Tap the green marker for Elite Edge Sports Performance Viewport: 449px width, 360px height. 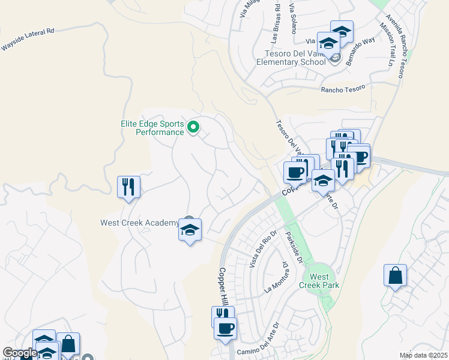click(193, 127)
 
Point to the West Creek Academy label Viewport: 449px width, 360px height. click(139, 223)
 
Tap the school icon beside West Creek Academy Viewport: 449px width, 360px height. click(190, 230)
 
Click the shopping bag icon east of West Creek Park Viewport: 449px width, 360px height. click(395, 276)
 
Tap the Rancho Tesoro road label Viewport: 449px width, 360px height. click(343, 89)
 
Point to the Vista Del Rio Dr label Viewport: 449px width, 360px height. click(263, 248)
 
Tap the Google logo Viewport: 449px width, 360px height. click(19, 353)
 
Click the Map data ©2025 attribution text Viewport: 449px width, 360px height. click(423, 355)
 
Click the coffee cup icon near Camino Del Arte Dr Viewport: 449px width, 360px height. click(225, 328)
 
